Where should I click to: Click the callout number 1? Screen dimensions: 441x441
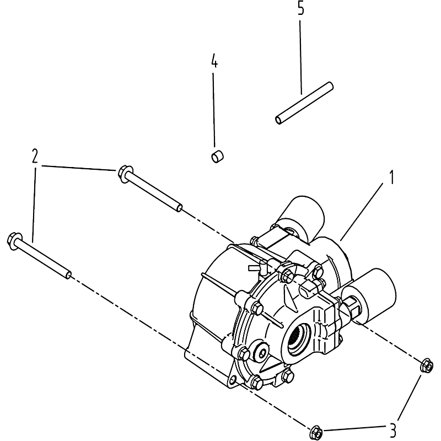[391, 178]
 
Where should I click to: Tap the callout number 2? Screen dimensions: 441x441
[35, 157]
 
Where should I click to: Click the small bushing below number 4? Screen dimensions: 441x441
[217, 156]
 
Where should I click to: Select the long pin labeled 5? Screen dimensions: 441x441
[304, 103]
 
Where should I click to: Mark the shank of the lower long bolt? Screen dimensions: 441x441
[44, 257]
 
